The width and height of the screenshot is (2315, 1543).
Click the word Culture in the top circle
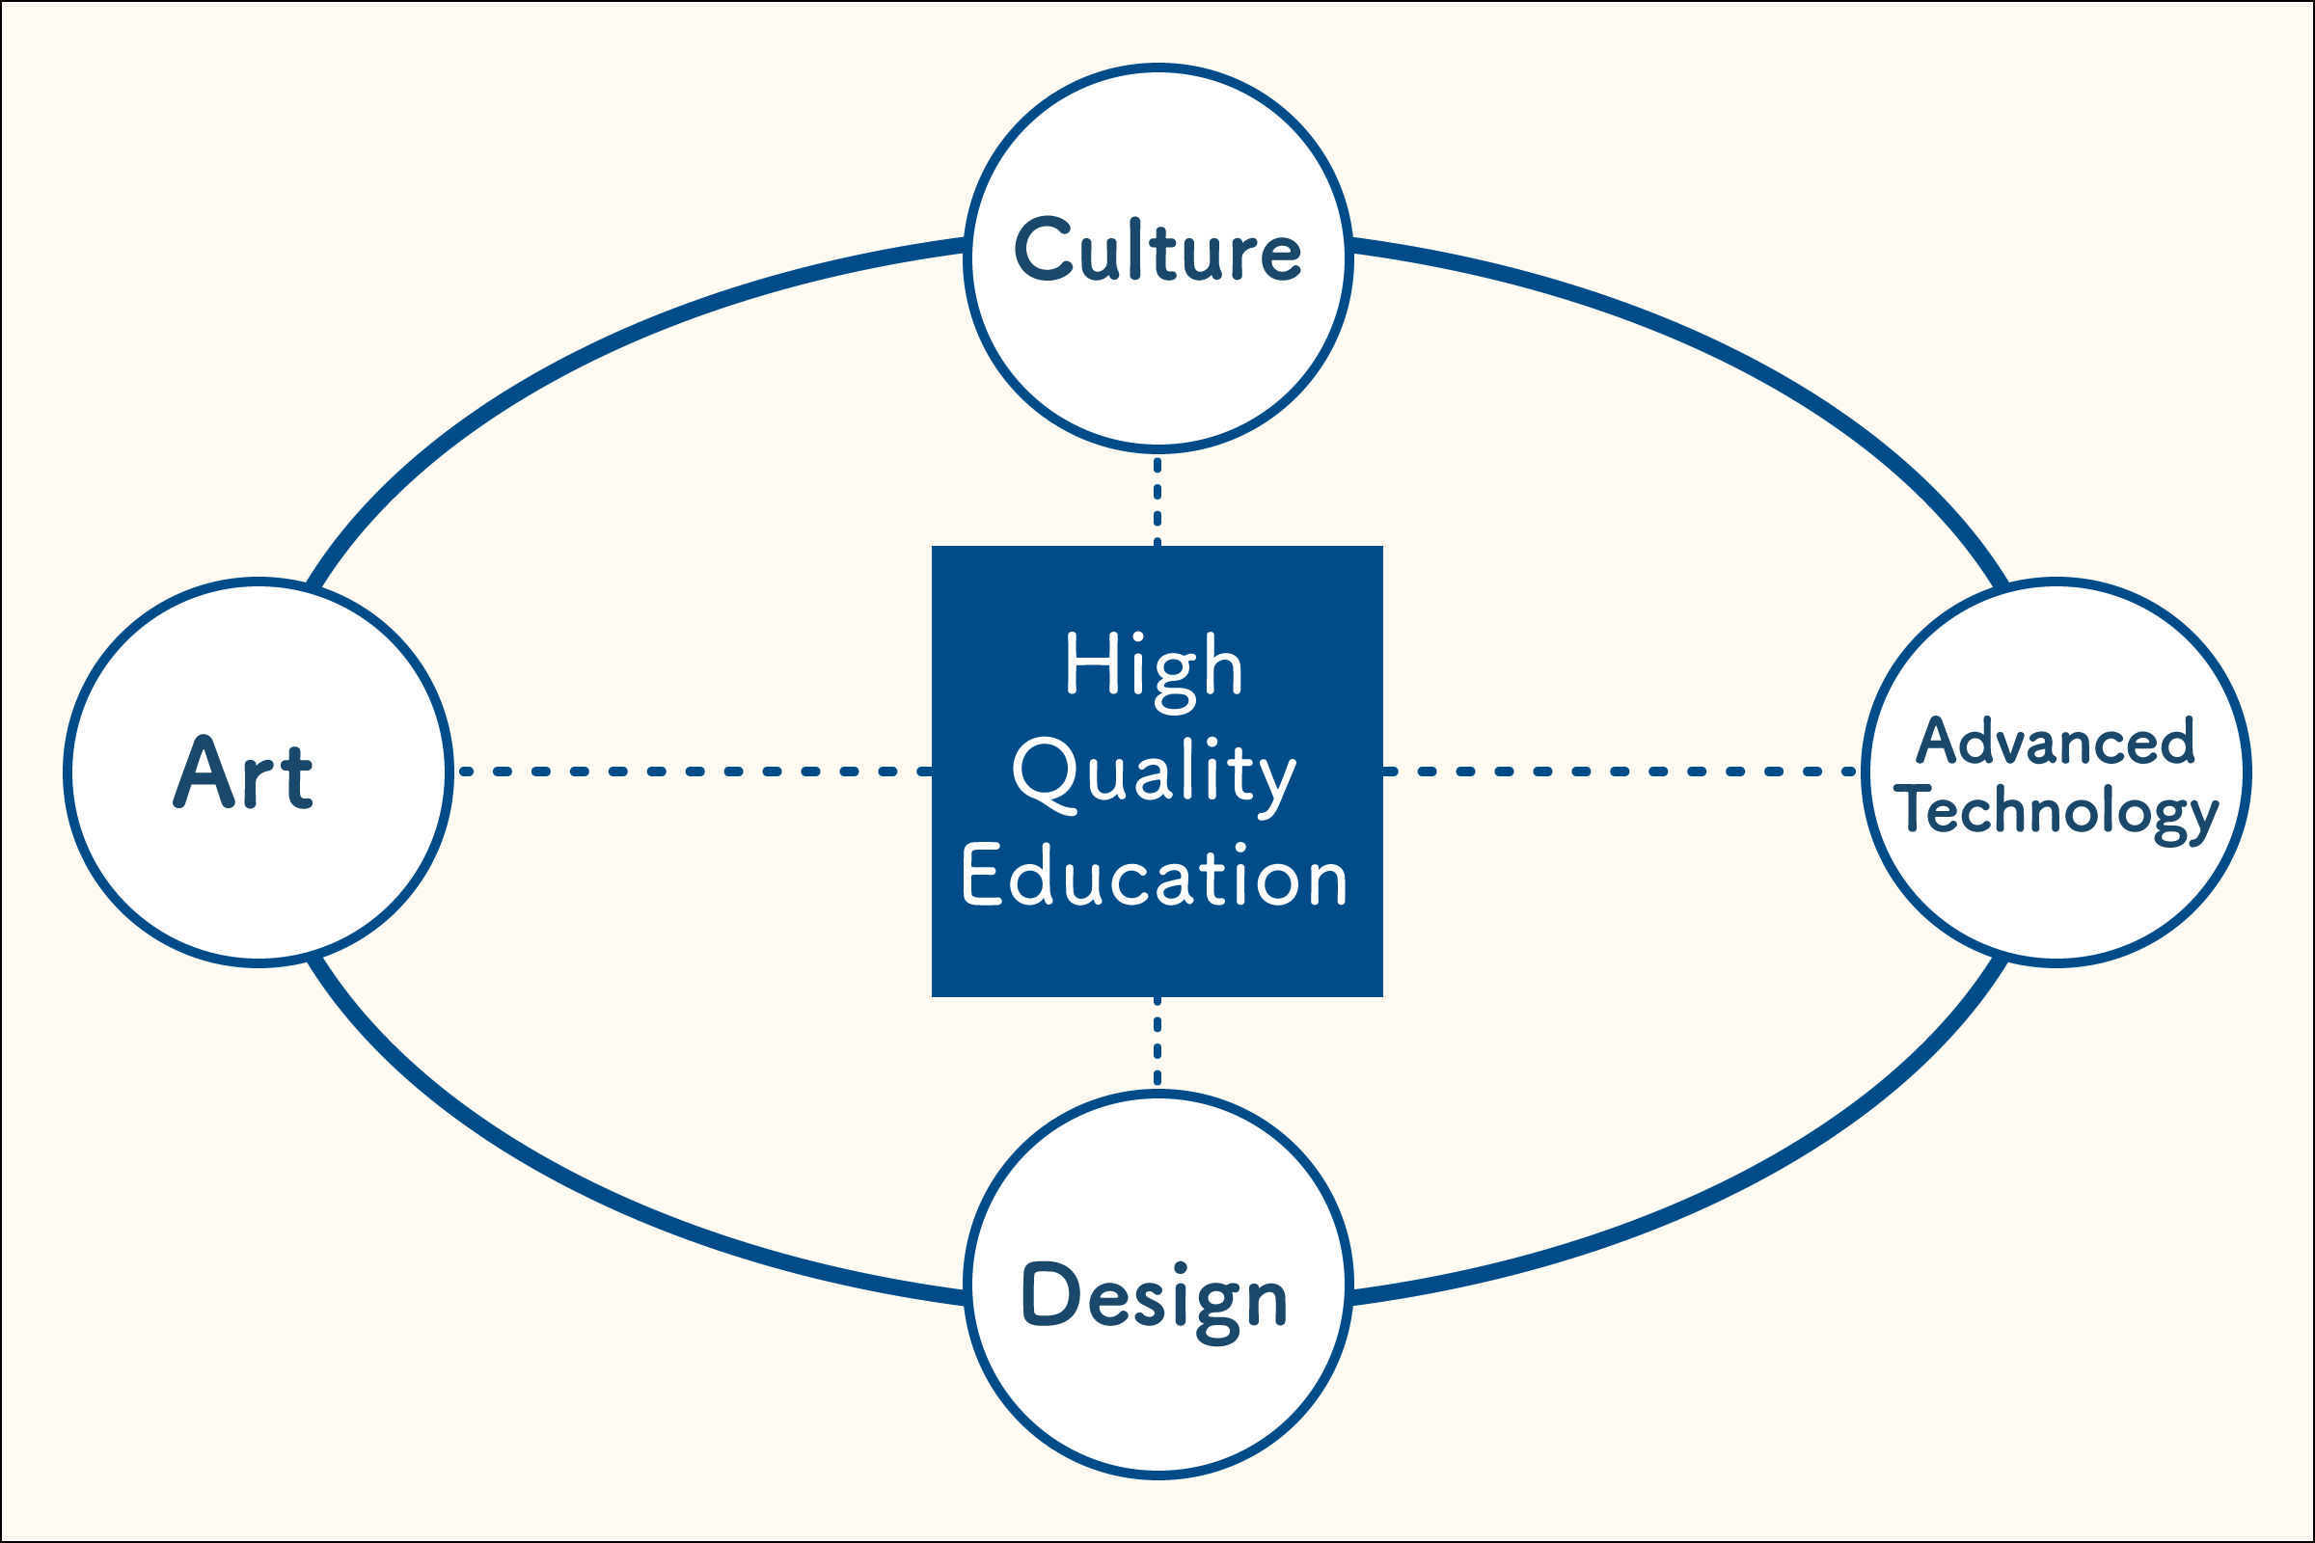tap(1157, 250)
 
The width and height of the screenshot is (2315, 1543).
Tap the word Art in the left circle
tap(243, 772)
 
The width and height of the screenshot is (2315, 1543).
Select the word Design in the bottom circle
tap(1156, 1303)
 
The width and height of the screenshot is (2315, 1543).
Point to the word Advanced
tap(2056, 740)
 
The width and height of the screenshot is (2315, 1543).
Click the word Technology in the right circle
tap(2056, 812)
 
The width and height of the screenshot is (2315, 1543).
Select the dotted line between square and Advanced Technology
tap(1620, 771)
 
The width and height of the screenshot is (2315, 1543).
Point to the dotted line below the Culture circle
tap(1157, 501)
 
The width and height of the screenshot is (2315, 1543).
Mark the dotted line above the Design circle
tap(1157, 1042)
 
